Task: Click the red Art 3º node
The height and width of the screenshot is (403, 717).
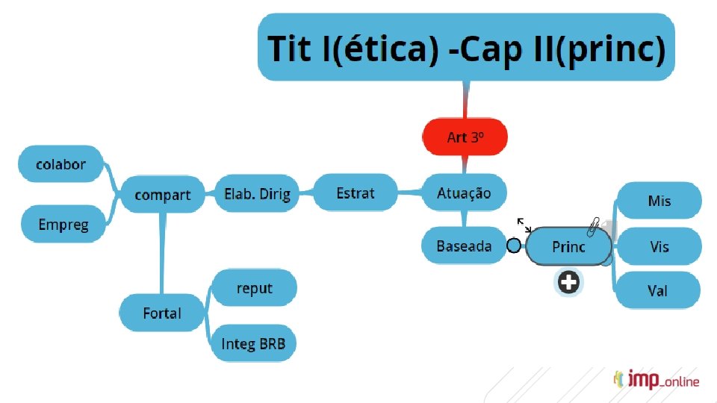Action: [x=465, y=137]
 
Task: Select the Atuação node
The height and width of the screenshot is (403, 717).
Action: [x=464, y=193]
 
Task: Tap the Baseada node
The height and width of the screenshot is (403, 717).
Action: [x=464, y=246]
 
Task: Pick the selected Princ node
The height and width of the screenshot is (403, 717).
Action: [x=568, y=246]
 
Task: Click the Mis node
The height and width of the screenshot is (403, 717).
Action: [x=659, y=201]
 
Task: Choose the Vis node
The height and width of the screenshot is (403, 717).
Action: [x=659, y=247]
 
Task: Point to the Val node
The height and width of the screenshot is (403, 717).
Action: [x=657, y=290]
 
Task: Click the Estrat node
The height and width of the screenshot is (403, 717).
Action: [x=356, y=193]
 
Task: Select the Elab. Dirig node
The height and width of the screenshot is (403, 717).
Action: [x=257, y=194]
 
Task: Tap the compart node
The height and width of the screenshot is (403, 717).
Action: [x=162, y=195]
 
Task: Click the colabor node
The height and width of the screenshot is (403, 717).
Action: [x=60, y=164]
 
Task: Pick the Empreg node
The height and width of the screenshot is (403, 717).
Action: [x=63, y=224]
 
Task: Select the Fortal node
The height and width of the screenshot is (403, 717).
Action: [x=161, y=313]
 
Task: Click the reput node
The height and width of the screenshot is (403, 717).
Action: [x=254, y=288]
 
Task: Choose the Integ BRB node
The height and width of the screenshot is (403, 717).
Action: [x=253, y=343]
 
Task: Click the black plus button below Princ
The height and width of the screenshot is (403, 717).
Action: [x=568, y=282]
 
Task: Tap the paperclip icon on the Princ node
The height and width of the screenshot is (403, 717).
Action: [x=594, y=227]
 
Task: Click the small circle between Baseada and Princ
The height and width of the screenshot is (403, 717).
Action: [x=514, y=246]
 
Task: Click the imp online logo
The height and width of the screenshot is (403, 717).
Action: [x=657, y=379]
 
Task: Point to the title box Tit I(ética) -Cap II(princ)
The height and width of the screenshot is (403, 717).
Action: [x=466, y=47]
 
